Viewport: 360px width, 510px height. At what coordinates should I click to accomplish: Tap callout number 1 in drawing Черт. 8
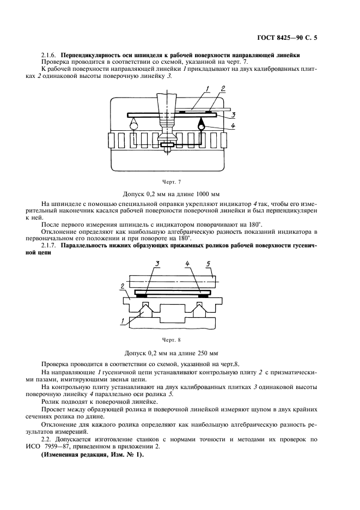(x=124, y=320)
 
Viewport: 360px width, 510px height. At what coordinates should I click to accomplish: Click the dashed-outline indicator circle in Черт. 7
(x=135, y=126)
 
